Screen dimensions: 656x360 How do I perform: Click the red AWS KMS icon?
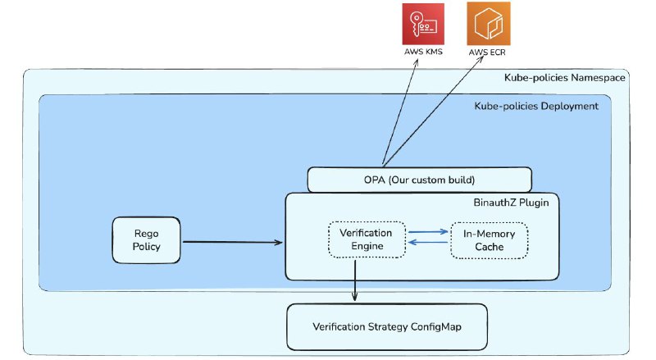(423, 24)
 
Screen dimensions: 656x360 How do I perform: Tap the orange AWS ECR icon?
(488, 24)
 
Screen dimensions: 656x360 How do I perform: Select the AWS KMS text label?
(423, 52)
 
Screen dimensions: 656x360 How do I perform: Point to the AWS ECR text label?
(487, 52)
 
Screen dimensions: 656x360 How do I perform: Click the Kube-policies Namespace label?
(564, 77)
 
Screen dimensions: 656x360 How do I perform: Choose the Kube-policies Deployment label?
(536, 106)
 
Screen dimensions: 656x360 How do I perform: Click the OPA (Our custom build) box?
(420, 180)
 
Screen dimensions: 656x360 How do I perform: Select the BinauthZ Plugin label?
(511, 203)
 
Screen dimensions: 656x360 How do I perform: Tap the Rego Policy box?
(147, 239)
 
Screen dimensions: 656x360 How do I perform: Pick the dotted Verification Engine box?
(367, 239)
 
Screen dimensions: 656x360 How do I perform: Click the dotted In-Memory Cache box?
(489, 240)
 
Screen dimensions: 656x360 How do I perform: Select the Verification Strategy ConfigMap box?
(387, 327)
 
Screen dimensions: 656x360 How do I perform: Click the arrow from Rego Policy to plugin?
(233, 242)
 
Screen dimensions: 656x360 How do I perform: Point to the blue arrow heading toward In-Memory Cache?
(428, 231)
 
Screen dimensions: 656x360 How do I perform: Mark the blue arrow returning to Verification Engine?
(428, 242)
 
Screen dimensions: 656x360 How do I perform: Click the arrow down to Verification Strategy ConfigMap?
(355, 280)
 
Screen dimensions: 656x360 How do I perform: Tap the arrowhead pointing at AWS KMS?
(417, 62)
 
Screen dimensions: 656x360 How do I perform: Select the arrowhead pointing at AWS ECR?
(481, 59)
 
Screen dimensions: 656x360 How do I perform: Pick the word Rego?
(147, 234)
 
